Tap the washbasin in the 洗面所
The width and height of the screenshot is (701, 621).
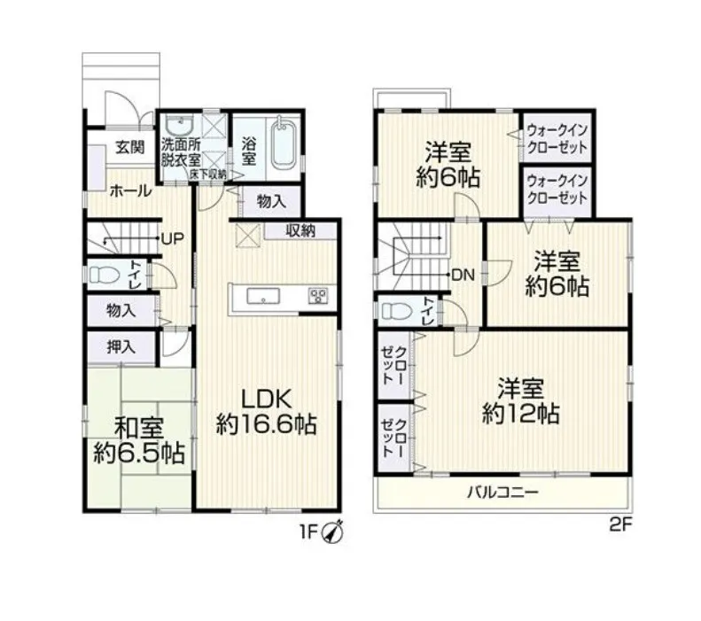pyautogui.click(x=178, y=126)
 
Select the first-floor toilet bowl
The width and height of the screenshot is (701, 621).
pyautogui.click(x=105, y=275)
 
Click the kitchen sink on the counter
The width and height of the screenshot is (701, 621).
pyautogui.click(x=263, y=296)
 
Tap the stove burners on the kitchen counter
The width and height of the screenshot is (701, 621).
pyautogui.click(x=318, y=296)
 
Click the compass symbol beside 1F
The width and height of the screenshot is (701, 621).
pyautogui.click(x=332, y=532)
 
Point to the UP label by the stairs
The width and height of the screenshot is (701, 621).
pyautogui.click(x=172, y=238)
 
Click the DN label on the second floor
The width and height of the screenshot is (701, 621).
pyautogui.click(x=463, y=276)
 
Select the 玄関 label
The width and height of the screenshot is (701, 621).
pyautogui.click(x=130, y=147)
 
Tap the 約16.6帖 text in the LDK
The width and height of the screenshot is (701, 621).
pyautogui.click(x=267, y=425)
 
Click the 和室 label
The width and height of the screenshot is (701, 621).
pyautogui.click(x=139, y=428)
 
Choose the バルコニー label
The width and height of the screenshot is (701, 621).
pyautogui.click(x=503, y=493)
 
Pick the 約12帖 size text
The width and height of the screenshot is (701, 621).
pyautogui.click(x=521, y=415)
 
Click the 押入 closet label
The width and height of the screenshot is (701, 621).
pyautogui.click(x=121, y=346)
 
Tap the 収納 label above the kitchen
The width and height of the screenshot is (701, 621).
pyautogui.click(x=300, y=231)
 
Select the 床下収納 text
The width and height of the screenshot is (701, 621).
pyautogui.click(x=208, y=175)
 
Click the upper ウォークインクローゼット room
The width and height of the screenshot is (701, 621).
pyautogui.click(x=557, y=137)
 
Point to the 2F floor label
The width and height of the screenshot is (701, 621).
pyautogui.click(x=620, y=524)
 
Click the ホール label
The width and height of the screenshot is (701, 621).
pyautogui.click(x=130, y=191)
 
